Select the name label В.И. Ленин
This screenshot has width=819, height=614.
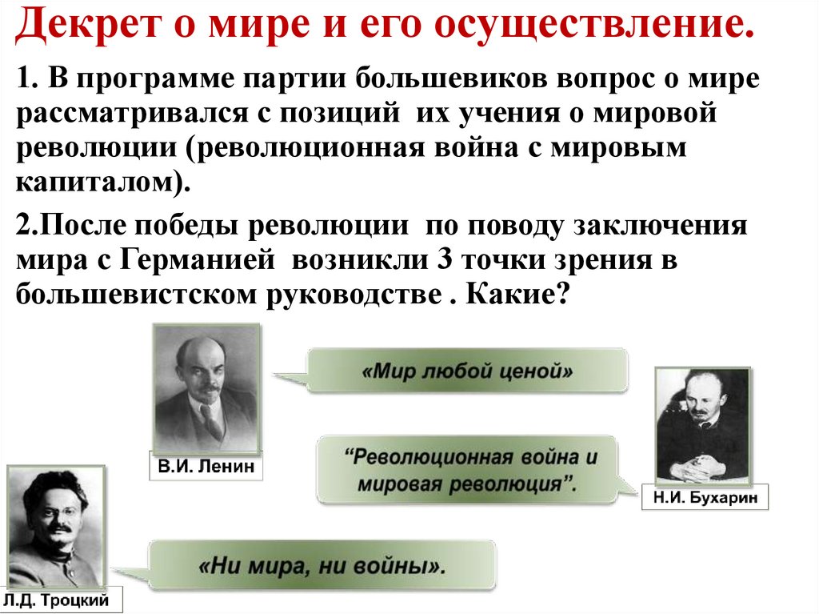(206, 467)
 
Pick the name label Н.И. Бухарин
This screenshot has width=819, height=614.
(705, 497)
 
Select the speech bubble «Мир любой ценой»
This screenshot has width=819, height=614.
(467, 371)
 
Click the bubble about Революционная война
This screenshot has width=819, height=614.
(467, 471)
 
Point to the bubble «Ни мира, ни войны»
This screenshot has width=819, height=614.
(322, 566)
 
